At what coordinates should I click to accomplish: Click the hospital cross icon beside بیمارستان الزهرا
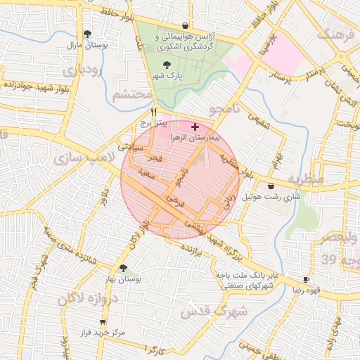click(x=195, y=127)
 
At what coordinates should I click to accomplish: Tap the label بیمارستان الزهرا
click(x=195, y=139)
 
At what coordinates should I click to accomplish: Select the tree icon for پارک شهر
click(x=166, y=65)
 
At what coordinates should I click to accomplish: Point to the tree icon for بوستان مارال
click(x=87, y=34)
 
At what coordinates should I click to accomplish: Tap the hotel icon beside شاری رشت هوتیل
click(x=271, y=186)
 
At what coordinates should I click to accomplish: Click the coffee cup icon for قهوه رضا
click(x=306, y=279)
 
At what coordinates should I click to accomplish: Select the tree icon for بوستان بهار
click(x=124, y=268)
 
